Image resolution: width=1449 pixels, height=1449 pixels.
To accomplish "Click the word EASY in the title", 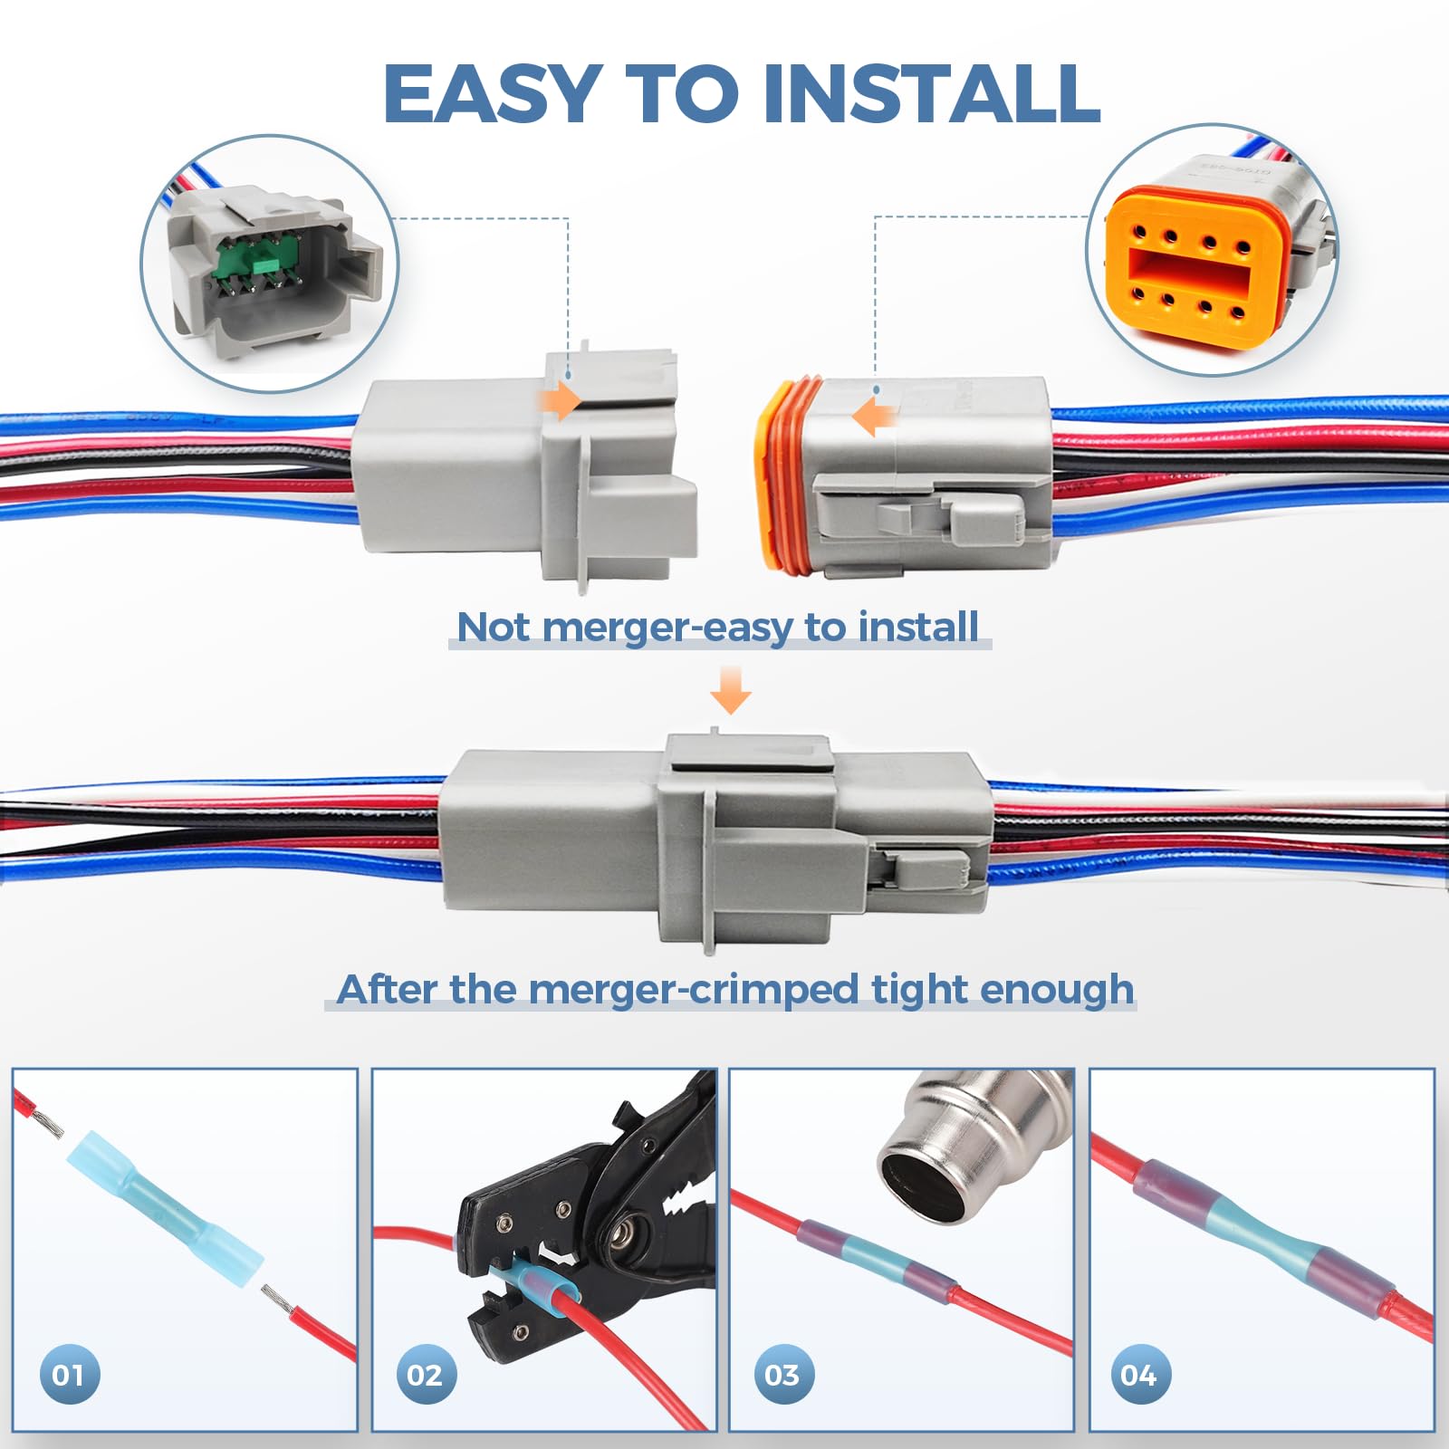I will pos(493,94).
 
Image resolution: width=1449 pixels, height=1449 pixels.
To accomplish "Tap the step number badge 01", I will pos(69,1375).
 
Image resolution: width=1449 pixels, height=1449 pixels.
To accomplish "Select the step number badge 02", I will pos(426,1375).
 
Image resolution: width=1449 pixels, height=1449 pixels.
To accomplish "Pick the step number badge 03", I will pos(783,1375).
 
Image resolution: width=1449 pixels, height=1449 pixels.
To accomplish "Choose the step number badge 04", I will pos(1140,1375).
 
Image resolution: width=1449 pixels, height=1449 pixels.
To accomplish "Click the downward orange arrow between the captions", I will pos(730,690).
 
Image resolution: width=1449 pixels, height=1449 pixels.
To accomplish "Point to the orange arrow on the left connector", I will pos(558,400).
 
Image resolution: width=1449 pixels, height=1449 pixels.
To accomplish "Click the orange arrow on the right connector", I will pos(873,417).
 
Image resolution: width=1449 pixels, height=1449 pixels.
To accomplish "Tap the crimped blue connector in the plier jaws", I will pos(534,1284).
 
